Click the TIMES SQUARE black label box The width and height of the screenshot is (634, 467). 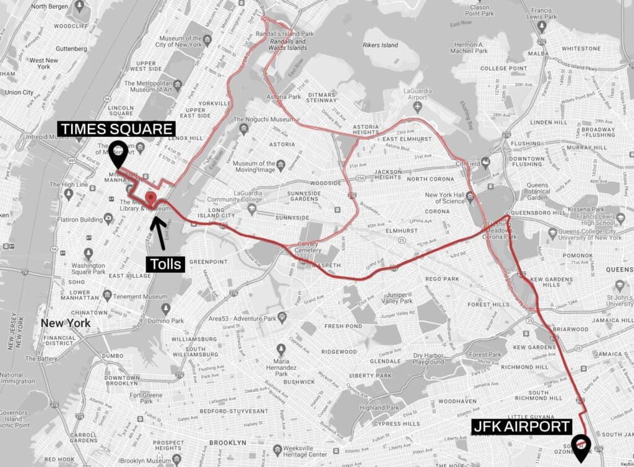116,129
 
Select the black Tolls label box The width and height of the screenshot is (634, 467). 165,264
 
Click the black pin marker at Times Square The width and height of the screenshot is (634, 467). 117,153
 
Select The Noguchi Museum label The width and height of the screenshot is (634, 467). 255,120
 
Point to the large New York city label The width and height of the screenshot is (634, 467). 65,323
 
